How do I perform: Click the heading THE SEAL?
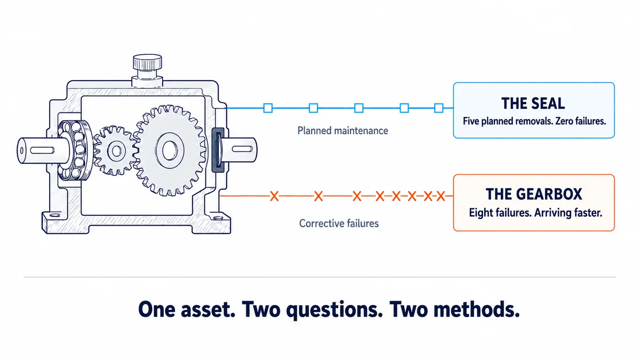pos(533,103)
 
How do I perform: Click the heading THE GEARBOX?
pos(534,194)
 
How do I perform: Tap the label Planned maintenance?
pos(342,131)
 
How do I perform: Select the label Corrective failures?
pos(339,223)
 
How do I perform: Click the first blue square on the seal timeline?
pos(268,108)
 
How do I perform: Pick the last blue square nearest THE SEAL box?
pos(438,108)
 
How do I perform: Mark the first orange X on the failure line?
pos(274,196)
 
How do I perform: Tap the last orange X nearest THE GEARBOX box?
pos(441,196)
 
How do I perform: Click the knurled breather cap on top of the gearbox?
pos(147,62)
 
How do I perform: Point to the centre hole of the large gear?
pos(170,150)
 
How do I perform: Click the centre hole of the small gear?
pos(117,150)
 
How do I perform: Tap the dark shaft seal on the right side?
pos(218,150)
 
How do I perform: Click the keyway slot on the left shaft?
pos(42,150)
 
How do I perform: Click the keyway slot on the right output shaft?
pos(242,149)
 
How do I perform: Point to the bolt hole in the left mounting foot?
pos(55,215)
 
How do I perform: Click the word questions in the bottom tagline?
pos(334,310)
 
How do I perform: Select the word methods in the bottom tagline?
pos(476,309)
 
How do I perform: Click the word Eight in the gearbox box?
pos(481,213)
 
